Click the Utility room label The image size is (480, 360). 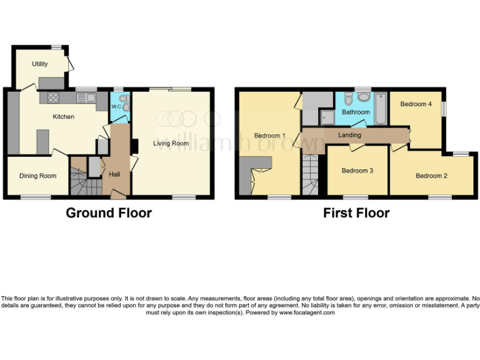[x=40, y=64]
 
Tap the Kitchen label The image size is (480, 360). [x=63, y=117]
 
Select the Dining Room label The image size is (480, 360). [x=38, y=176]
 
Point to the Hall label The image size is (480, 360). [x=115, y=174]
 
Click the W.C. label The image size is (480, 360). [x=116, y=107]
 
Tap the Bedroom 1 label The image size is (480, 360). [x=269, y=135]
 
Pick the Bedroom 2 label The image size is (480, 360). [x=431, y=176]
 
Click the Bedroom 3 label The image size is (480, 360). [x=357, y=171]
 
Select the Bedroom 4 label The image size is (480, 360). [x=416, y=104]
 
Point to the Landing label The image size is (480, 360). [x=349, y=135]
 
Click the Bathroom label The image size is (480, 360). [x=354, y=112]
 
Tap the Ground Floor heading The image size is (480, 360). [x=109, y=213]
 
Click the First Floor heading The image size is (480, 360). [x=356, y=213]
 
